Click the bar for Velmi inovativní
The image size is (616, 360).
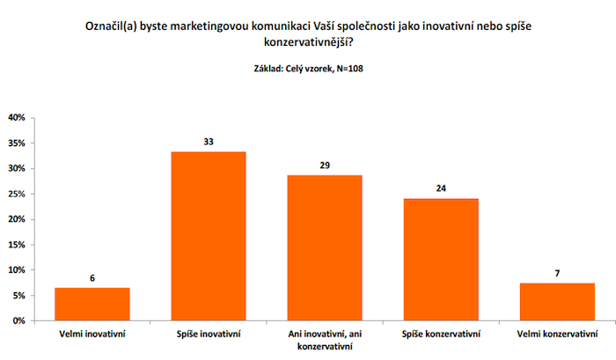pyautogui.click(x=92, y=304)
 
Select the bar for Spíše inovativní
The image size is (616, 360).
pyautogui.click(x=208, y=236)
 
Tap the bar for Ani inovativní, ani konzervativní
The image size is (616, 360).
pyautogui.click(x=325, y=247)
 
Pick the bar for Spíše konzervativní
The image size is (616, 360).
pyautogui.click(x=441, y=259)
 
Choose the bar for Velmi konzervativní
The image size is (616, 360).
pyautogui.click(x=557, y=302)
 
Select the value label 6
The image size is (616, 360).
pyautogui.click(x=92, y=276)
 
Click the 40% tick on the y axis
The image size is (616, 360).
pyautogui.click(x=17, y=117)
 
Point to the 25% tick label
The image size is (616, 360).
pyautogui.click(x=17, y=194)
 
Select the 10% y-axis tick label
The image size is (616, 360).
pyautogui.click(x=17, y=270)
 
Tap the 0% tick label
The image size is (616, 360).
pyautogui.click(x=19, y=321)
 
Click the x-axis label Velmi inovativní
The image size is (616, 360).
pyautogui.click(x=92, y=334)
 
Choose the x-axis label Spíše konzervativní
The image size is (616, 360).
pyautogui.click(x=441, y=334)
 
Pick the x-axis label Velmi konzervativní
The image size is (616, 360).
pyautogui.click(x=557, y=334)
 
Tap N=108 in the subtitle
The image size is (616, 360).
pyautogui.click(x=341, y=68)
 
